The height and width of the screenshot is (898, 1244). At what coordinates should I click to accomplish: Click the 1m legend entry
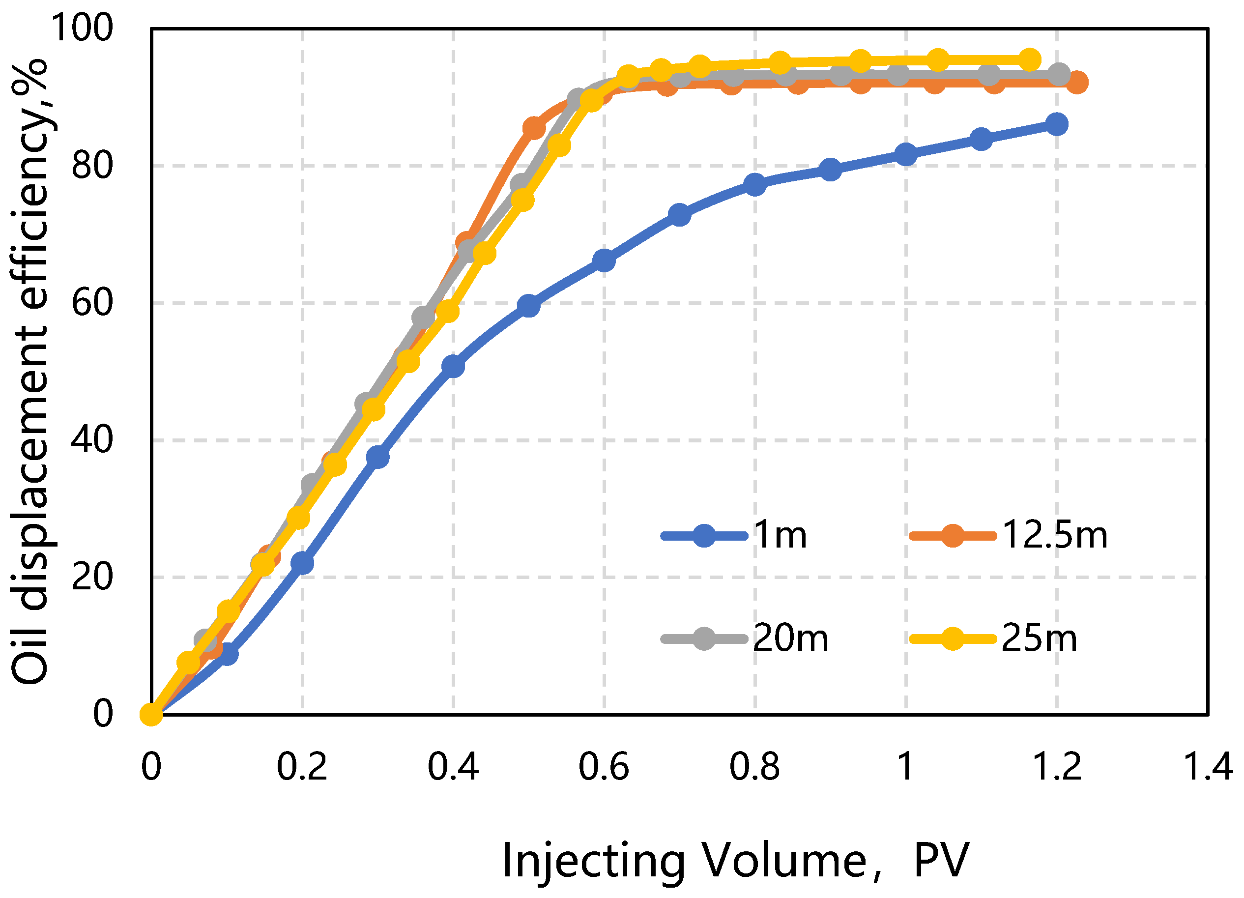click(735, 535)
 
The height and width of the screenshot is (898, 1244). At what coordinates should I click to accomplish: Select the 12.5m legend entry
click(1008, 535)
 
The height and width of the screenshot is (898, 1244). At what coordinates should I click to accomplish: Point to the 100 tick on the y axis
click(82, 28)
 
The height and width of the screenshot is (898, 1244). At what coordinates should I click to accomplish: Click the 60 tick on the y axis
click(92, 302)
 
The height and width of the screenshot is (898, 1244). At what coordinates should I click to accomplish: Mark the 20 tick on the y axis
click(92, 577)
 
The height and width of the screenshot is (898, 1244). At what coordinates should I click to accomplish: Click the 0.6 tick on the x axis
click(604, 767)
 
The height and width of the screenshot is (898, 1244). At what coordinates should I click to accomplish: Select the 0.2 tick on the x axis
click(302, 767)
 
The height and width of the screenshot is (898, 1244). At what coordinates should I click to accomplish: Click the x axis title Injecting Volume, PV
click(735, 861)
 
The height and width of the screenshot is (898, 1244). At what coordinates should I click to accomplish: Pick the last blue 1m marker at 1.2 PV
click(1056, 124)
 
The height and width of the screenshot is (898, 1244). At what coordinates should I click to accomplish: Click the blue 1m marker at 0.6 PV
click(604, 260)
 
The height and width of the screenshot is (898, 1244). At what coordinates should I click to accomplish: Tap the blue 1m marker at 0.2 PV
click(302, 563)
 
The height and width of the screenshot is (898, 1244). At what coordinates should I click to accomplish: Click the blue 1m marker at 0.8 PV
click(755, 185)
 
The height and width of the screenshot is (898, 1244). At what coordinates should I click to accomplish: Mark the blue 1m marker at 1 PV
click(905, 154)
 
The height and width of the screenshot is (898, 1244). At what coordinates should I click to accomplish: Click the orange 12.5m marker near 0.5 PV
click(534, 128)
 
